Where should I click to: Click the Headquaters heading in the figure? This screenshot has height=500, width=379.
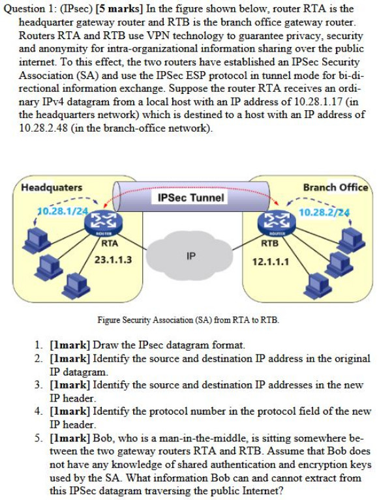pyautogui.click(x=52, y=187)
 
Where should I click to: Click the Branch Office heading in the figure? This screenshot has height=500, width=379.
pyautogui.click(x=335, y=187)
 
